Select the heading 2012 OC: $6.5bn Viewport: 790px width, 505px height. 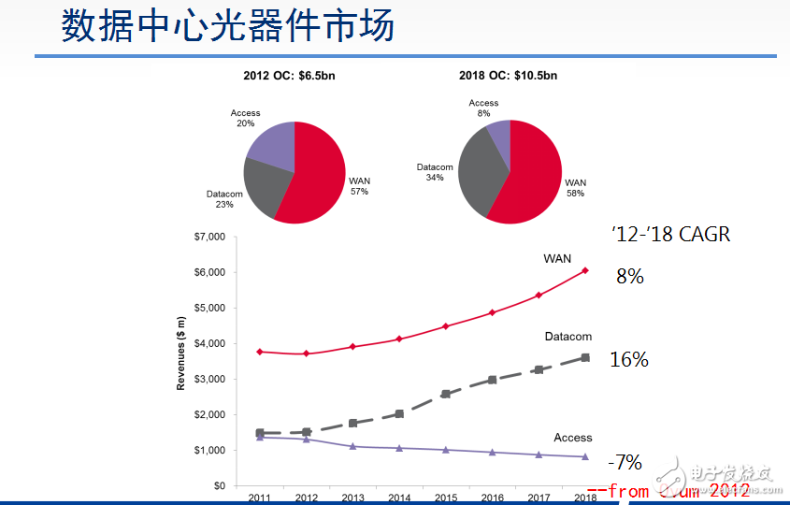click(x=294, y=76)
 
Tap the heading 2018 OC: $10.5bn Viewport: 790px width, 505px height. click(x=509, y=76)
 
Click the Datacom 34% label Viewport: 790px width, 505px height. click(x=435, y=172)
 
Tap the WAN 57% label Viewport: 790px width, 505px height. click(x=359, y=185)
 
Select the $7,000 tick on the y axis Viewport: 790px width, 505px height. click(x=209, y=237)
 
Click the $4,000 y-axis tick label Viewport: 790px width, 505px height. click(x=209, y=343)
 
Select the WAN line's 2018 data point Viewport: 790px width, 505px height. click(x=585, y=270)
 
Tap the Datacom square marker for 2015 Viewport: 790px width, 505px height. click(x=445, y=394)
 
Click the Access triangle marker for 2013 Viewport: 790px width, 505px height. click(x=352, y=446)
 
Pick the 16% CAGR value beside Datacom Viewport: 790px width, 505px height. click(x=628, y=359)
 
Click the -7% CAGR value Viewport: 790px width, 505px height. click(x=625, y=462)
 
